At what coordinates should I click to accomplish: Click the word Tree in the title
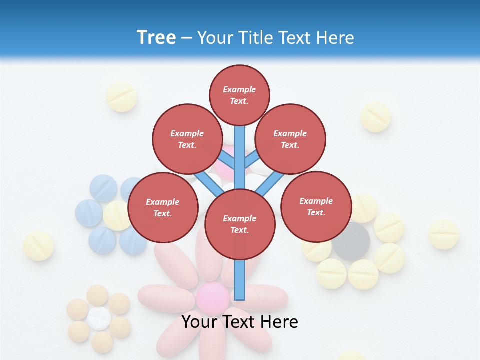(156, 37)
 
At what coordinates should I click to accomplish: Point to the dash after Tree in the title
(186, 38)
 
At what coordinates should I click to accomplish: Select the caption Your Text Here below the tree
(240, 322)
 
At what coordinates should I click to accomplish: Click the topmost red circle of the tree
(239, 95)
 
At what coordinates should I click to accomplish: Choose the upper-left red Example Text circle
(187, 139)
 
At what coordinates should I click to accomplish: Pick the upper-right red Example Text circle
(290, 139)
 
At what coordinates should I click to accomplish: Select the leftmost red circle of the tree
(163, 207)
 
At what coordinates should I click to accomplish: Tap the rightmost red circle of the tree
(316, 206)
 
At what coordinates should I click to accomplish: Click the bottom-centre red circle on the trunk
(240, 224)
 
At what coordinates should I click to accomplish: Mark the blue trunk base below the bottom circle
(240, 280)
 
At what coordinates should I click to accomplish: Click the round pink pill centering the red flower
(212, 298)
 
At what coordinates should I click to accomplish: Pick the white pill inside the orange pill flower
(99, 318)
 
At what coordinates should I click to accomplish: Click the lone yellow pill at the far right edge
(443, 234)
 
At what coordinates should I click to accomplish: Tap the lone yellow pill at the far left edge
(38, 245)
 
